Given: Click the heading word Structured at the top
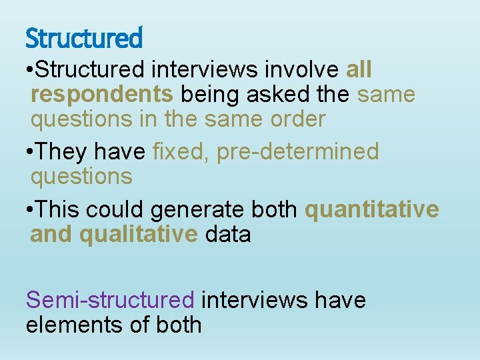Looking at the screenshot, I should [x=83, y=38].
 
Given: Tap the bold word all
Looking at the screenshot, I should [x=359, y=69].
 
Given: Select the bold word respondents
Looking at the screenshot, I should [x=102, y=95].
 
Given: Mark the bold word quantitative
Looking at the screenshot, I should [x=372, y=209].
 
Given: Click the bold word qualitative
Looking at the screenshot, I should [x=138, y=235].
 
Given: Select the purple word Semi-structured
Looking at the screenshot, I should [x=110, y=300].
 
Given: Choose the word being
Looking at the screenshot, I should [x=210, y=95].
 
